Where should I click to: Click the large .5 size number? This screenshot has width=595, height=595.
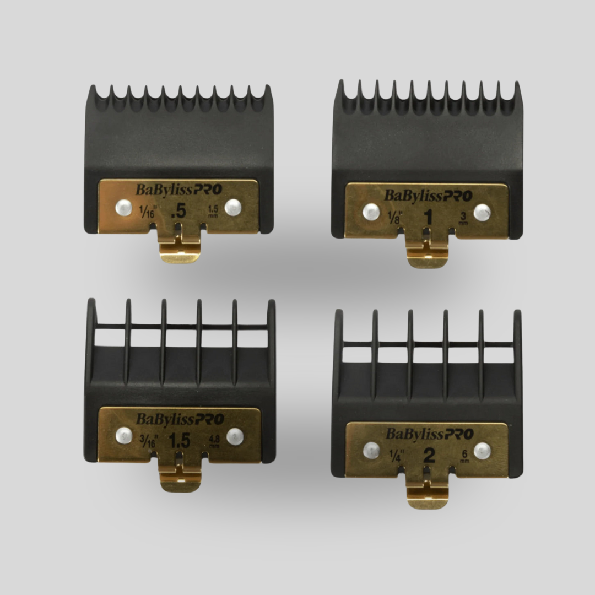[178, 212]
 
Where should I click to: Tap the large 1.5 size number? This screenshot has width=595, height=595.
[180, 441]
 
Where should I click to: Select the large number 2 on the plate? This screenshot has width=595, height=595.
[429, 456]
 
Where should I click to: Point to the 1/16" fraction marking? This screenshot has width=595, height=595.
[147, 211]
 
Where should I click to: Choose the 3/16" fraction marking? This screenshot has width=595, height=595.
[148, 441]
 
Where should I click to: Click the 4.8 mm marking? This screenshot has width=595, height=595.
[214, 441]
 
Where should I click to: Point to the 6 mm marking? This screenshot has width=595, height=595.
[464, 456]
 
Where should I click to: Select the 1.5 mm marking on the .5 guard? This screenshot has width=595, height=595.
[213, 212]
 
